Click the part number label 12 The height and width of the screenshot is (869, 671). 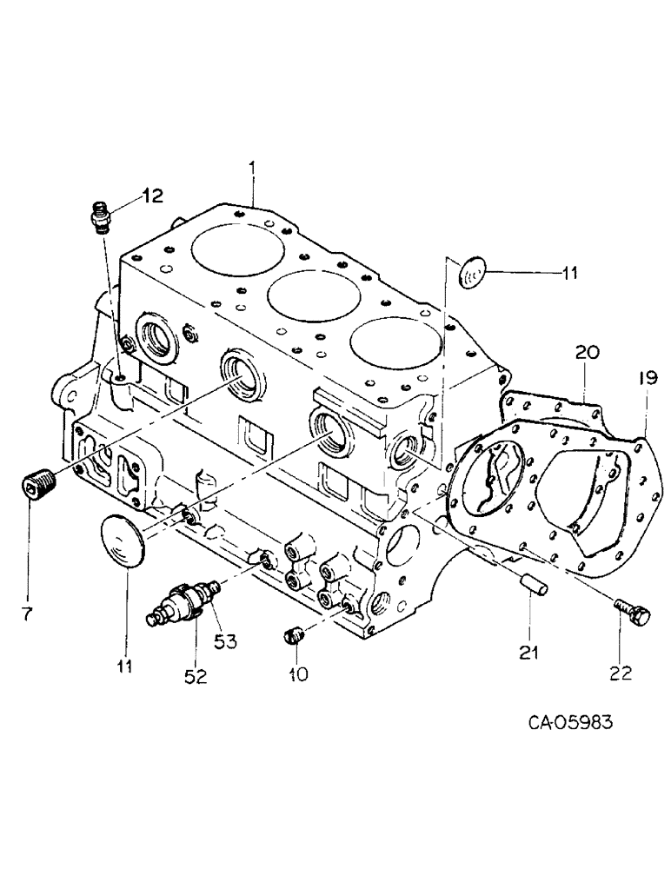coord(152,196)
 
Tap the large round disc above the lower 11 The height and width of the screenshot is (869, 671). coord(124,543)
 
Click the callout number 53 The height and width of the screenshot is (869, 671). coord(226,642)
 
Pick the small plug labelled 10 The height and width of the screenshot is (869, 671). coord(294,636)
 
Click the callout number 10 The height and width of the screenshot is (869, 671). coord(298,674)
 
